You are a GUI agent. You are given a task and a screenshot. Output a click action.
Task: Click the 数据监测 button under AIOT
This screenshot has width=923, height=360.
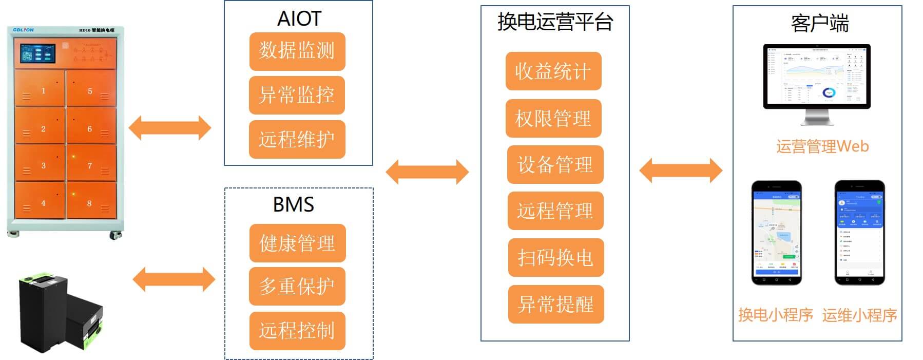(297, 51)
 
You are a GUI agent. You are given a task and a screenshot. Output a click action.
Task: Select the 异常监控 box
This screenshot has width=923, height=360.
(297, 96)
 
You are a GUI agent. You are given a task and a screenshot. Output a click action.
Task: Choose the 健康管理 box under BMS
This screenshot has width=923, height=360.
(297, 243)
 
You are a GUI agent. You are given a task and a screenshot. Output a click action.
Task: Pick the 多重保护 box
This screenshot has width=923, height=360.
(297, 287)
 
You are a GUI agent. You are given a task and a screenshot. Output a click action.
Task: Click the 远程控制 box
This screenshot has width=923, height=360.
(297, 331)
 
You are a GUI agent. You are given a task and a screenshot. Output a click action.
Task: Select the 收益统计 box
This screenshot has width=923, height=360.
(553, 71)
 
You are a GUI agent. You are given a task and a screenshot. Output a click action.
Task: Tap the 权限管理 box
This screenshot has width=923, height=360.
(553, 119)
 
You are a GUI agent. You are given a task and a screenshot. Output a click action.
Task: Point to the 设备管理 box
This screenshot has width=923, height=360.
(555, 165)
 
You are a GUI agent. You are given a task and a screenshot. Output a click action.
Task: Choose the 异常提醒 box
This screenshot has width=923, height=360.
(555, 305)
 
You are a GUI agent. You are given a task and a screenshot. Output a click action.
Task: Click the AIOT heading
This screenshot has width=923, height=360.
(299, 19)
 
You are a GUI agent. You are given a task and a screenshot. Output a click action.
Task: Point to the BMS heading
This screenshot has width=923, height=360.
(293, 205)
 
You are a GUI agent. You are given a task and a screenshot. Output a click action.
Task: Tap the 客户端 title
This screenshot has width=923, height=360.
(820, 24)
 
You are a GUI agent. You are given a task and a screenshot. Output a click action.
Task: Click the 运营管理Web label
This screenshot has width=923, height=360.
(822, 147)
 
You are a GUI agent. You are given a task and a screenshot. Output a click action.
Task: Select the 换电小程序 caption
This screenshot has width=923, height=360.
(775, 315)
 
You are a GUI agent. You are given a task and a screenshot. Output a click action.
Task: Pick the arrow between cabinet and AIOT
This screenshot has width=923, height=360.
(169, 128)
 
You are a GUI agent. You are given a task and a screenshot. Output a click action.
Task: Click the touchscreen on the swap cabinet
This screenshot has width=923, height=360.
(37, 53)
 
